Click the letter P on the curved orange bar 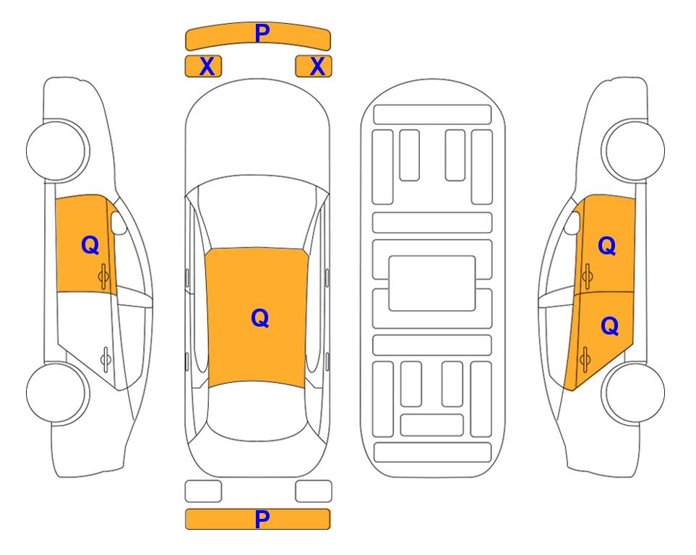click(x=262, y=33)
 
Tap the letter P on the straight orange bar click(x=262, y=519)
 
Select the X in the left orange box click(x=207, y=66)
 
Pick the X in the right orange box click(x=317, y=66)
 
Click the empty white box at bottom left click(x=203, y=491)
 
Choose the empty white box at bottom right click(x=314, y=491)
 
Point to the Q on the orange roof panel click(x=260, y=318)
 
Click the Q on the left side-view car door click(x=90, y=245)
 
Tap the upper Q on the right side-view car click(x=607, y=246)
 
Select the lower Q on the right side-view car click(x=609, y=326)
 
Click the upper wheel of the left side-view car click(x=57, y=150)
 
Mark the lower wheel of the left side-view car click(x=57, y=392)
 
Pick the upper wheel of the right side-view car click(x=633, y=150)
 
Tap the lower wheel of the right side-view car click(x=633, y=392)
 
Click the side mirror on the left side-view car click(x=118, y=223)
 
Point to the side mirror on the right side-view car click(x=572, y=223)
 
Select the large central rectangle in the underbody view click(x=432, y=283)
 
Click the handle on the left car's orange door click(x=103, y=276)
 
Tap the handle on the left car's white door click(x=106, y=359)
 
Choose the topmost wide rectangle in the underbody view click(x=432, y=115)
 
